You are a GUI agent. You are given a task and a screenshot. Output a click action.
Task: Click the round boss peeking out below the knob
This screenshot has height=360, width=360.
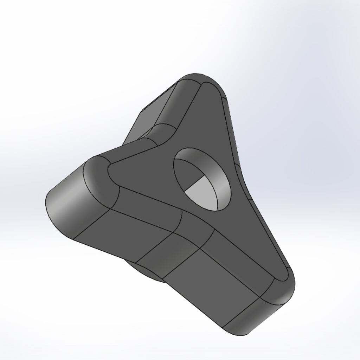(x=144, y=272)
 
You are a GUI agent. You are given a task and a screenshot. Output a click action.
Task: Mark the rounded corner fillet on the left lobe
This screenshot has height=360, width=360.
(x=98, y=176)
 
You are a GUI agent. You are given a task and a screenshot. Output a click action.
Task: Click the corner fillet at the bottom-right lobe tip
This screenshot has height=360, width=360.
(x=281, y=285)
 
